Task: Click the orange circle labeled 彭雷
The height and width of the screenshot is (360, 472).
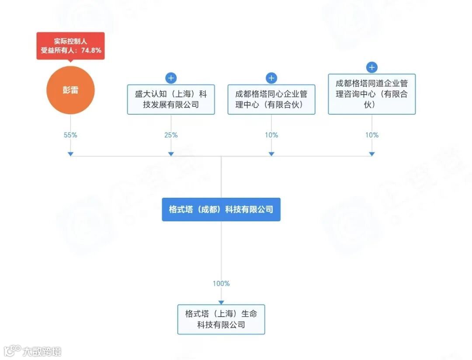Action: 70,91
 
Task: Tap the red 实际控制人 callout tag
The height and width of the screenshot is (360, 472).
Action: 70,45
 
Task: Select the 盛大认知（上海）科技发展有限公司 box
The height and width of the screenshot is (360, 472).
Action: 171,99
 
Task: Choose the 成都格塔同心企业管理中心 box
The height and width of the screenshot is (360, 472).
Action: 271,99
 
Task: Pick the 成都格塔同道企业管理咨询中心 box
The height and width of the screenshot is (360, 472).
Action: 372,94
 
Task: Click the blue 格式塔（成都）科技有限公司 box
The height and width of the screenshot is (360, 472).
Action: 221,209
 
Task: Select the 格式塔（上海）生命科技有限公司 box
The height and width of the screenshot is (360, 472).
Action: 221,319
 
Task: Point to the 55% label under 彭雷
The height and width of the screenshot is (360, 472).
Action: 70,135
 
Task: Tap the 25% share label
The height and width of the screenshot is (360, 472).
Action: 171,135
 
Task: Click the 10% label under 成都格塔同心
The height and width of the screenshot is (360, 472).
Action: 271,135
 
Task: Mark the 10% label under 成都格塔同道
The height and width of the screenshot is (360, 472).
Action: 372,135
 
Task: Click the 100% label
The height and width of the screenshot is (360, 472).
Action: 221,283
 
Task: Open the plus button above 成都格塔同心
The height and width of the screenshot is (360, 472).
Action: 271,78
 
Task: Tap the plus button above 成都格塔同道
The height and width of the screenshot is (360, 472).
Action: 372,67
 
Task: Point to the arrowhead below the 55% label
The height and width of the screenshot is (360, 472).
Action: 70,154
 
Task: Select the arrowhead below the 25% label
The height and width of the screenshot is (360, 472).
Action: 171,154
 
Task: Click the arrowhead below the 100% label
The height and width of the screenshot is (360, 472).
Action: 221,302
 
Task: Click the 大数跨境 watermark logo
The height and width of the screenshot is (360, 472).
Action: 33,351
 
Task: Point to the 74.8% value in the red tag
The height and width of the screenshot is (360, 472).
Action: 92,50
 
